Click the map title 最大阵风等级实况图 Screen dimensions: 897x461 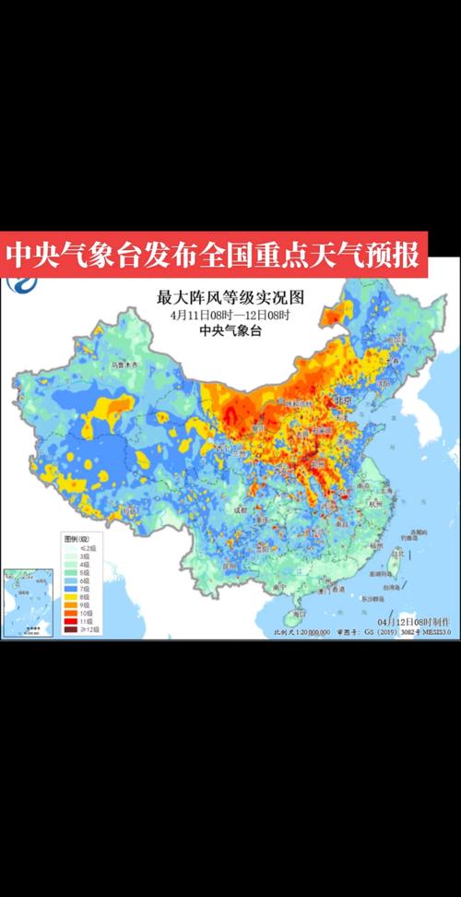230,297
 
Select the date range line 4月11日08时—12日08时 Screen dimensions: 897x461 230,315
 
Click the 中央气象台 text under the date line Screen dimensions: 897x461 230,331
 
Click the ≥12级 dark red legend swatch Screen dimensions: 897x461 69,629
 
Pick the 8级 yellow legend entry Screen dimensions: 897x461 69,597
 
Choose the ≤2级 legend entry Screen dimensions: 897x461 69,547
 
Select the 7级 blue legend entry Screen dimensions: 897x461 69,588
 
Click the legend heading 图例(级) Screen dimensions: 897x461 77,537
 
